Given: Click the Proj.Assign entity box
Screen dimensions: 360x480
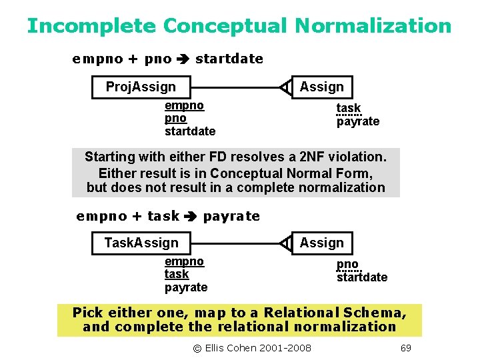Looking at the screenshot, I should tap(141, 87).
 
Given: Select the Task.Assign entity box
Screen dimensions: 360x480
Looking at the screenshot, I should tap(141, 243).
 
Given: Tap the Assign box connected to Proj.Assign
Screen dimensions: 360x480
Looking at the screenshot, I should tap(322, 87).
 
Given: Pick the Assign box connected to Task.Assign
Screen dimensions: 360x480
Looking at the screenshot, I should tap(322, 243).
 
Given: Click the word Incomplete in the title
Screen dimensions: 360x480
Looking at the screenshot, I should tap(91, 26).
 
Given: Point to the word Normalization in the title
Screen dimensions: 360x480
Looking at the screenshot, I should tap(373, 26).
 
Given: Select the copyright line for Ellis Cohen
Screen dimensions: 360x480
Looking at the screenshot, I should tap(252, 348).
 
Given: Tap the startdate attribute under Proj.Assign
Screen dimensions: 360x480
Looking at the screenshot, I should tap(190, 131).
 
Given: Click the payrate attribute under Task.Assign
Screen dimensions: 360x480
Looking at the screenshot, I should tap(186, 287).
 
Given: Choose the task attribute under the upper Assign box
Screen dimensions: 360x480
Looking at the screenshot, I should tap(348, 108).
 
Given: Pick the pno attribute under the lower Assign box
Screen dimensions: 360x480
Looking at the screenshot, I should tap(347, 264).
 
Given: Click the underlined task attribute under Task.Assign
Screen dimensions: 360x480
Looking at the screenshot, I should tap(177, 274).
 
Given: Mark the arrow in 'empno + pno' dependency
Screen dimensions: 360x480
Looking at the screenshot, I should tap(183, 59).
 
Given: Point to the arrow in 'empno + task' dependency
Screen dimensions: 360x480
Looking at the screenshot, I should tap(191, 216).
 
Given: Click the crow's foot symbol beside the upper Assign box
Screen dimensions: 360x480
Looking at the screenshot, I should tap(285, 87).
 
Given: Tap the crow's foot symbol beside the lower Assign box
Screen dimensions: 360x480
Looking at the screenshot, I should tap(285, 243).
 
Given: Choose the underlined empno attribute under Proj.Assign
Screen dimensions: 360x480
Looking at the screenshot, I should tap(184, 105).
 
